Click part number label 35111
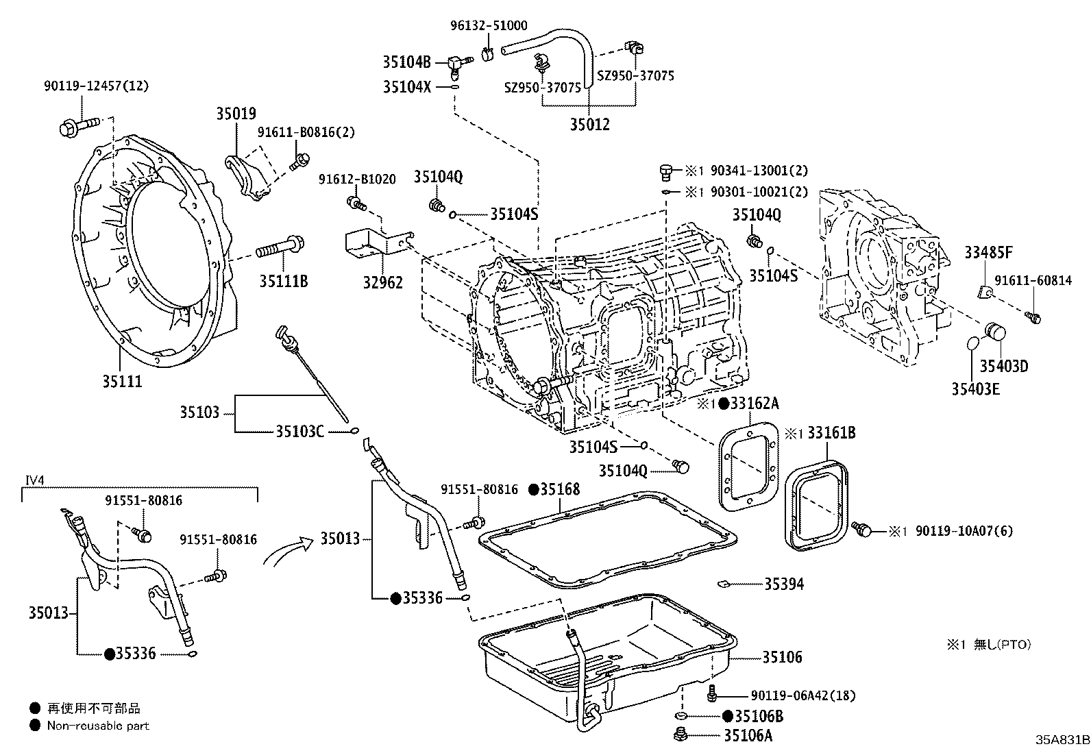point(122,382)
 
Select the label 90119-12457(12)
point(95,86)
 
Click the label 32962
point(382,282)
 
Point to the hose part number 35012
point(590,125)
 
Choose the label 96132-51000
point(489,25)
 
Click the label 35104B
point(406,62)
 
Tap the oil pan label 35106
point(782,657)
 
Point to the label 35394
point(784,584)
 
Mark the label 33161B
point(831,433)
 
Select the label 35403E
point(975,389)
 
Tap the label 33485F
point(988,253)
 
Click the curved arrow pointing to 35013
point(284,552)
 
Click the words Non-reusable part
point(98,726)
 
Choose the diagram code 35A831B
point(1062,741)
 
